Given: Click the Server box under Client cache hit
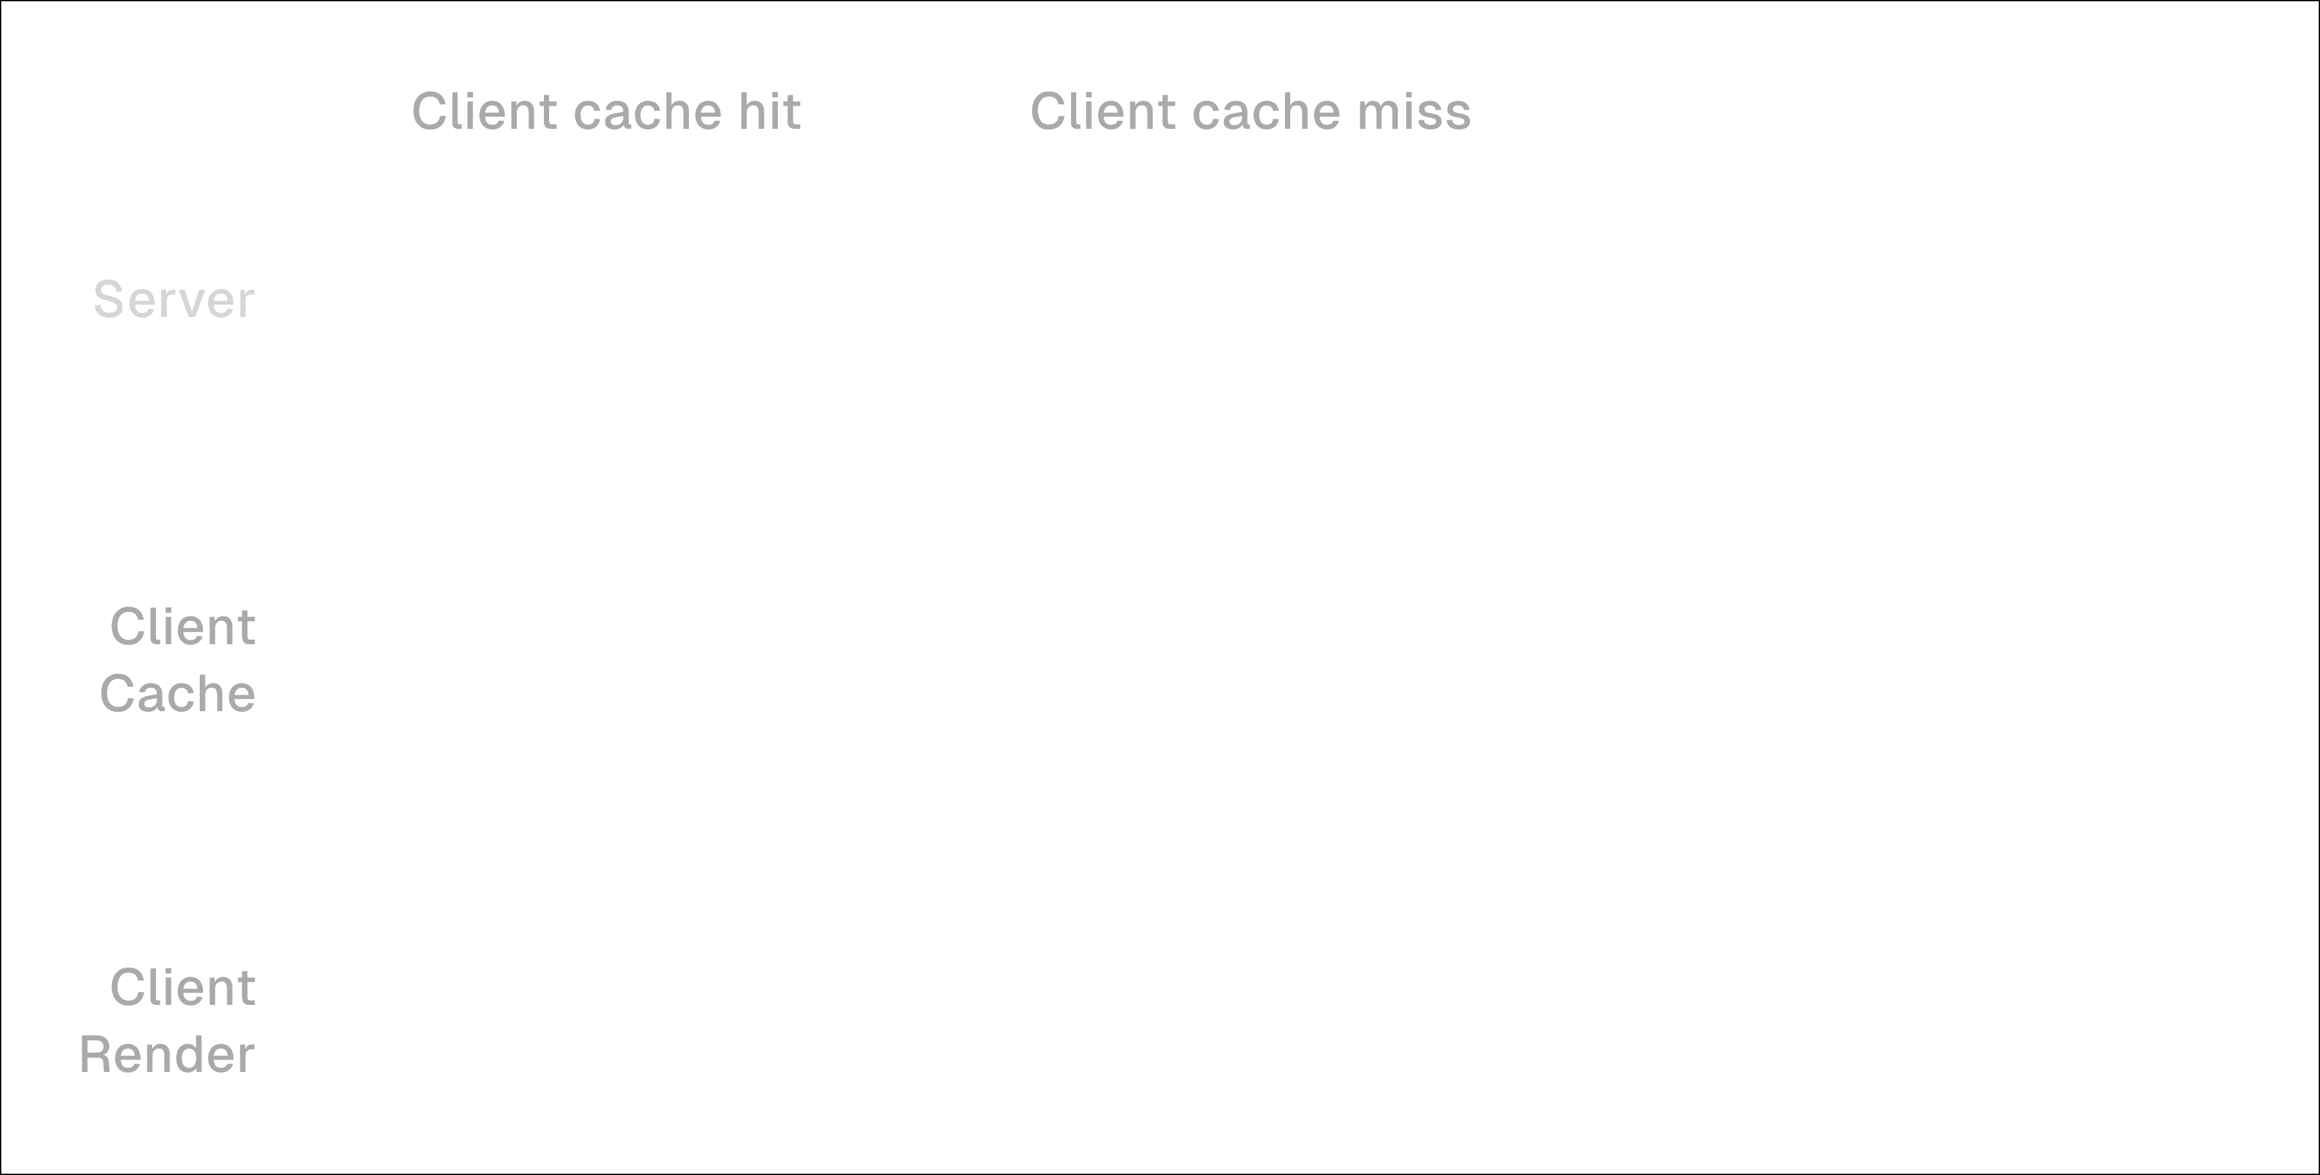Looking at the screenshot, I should click(642, 299).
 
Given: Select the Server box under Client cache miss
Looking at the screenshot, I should click(1261, 299).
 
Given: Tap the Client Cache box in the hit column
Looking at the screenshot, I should click(642, 659).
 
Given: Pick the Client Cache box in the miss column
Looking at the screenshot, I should click(1261, 659).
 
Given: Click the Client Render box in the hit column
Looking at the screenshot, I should click(642, 1020).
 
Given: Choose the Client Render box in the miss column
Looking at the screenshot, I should click(1261, 1020).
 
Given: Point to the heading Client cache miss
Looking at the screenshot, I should click(1250, 111).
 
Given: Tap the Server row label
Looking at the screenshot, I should click(174, 300).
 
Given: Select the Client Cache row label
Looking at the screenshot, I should click(179, 660).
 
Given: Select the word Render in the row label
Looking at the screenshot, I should click(168, 1055).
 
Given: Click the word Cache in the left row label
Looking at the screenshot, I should click(179, 694).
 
